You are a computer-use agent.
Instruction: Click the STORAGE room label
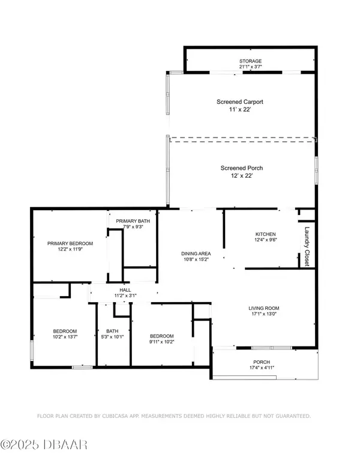point(250,61)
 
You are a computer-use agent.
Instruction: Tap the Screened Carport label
point(240,102)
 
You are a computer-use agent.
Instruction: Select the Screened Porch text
point(241,168)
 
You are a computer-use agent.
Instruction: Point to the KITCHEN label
point(266,234)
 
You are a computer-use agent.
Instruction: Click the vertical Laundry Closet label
point(307,246)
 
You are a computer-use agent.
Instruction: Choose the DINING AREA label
point(196,253)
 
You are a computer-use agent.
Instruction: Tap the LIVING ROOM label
point(264,308)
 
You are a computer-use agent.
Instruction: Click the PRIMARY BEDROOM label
point(70,243)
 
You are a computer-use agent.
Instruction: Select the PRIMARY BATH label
point(133,221)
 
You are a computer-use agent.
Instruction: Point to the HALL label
point(125,290)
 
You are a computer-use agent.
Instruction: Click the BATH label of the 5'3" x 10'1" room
point(112,331)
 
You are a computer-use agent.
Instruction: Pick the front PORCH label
point(262,362)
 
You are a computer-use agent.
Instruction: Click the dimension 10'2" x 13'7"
point(65,337)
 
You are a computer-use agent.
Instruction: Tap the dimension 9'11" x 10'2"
point(161,342)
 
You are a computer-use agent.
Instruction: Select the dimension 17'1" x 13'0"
point(264,314)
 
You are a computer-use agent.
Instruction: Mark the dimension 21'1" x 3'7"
point(250,67)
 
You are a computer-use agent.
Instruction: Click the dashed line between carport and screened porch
point(242,140)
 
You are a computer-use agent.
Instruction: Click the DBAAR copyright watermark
point(44,445)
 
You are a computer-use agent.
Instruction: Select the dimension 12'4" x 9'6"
point(266,240)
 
